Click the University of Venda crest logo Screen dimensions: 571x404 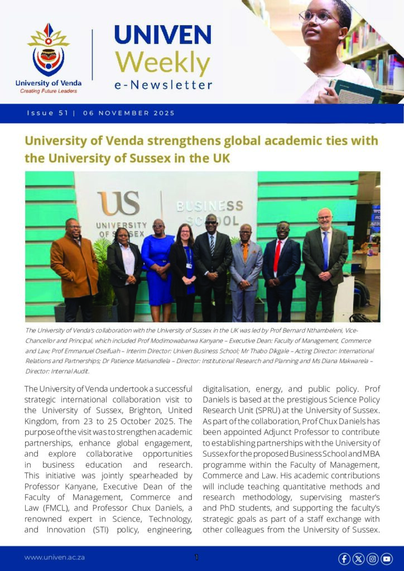pos(48,51)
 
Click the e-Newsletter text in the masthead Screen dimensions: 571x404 pos(163,85)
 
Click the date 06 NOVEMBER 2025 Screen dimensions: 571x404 pos(129,113)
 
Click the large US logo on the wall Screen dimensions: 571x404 pos(118,204)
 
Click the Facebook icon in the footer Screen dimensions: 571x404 pos(344,558)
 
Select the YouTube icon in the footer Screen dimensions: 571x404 pos(386,558)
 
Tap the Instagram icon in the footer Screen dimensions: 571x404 pos(372,558)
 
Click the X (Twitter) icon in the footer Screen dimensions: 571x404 pos(358,558)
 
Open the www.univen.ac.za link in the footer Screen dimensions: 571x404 pos(54,558)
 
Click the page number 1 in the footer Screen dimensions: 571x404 pos(196,557)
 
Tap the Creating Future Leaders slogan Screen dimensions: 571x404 pos(48,90)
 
